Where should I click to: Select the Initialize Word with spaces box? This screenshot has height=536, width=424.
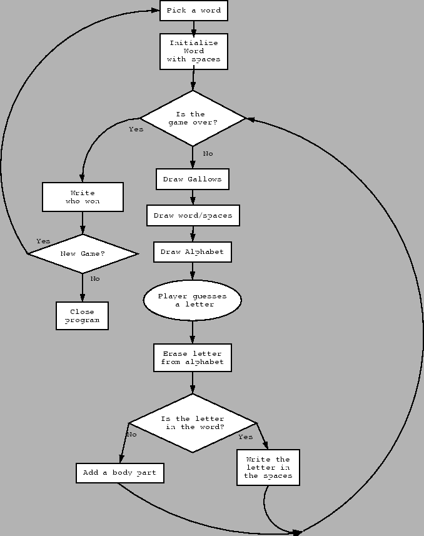coord(193,51)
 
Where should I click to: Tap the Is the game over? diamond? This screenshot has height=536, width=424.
coord(193,118)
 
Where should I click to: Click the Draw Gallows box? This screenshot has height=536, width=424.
coord(192,180)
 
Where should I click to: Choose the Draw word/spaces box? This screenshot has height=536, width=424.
coord(193,216)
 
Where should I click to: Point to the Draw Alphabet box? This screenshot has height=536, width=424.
coord(192,252)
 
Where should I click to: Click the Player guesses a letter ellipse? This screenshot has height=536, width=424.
coord(192,300)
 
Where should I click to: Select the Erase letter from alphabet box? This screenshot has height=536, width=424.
coord(192,358)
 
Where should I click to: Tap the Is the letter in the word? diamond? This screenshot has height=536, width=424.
coord(192,423)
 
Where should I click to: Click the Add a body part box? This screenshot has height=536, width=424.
coord(119,473)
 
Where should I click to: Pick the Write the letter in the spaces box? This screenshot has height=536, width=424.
coord(268,468)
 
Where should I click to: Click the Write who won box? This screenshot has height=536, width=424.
coord(82,197)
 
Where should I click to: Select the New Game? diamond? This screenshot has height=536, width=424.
coord(82,254)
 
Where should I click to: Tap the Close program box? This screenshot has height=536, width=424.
coord(82,316)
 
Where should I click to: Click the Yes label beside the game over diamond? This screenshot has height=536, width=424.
coord(136,129)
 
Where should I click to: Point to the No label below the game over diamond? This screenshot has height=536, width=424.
coord(208,154)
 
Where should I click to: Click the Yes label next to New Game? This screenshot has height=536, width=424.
coord(43,241)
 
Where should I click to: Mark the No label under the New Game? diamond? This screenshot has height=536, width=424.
coord(94,279)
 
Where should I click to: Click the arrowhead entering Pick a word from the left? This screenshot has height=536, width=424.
coord(155,11)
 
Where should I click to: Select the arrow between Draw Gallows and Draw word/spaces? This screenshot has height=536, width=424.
coord(193,198)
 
